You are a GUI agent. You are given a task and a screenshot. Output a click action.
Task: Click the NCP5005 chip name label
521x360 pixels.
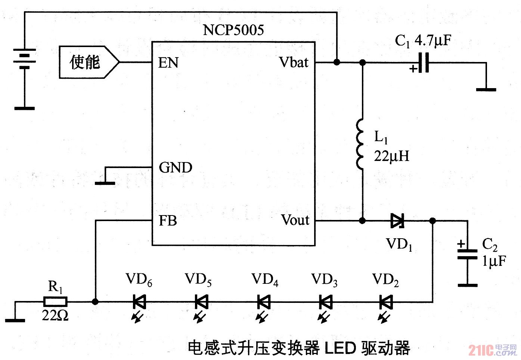233,30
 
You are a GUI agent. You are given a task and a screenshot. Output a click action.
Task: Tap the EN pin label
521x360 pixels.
168,63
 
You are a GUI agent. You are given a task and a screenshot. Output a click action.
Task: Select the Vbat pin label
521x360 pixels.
294,62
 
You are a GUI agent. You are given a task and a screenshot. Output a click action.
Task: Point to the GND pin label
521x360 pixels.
176,167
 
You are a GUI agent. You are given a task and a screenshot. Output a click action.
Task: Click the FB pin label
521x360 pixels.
168,221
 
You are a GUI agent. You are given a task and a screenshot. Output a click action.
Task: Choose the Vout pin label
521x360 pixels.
295,220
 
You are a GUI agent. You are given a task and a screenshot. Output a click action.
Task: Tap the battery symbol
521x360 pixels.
25,59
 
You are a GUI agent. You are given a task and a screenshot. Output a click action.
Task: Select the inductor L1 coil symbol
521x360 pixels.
361,145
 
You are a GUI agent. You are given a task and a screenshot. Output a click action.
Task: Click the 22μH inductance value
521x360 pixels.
392,156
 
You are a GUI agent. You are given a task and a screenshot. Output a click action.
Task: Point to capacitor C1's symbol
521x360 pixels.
424,62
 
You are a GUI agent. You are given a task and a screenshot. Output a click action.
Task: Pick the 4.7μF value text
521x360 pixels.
433,40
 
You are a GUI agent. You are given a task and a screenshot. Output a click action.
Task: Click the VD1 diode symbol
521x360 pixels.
397,221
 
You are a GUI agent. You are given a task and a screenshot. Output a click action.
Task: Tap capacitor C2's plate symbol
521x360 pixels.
467,254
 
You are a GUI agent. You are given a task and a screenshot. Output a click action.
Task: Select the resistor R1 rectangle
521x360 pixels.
56,301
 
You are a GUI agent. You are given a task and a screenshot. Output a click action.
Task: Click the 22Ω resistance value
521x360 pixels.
55,316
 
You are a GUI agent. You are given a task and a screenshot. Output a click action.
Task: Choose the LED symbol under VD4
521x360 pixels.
264,302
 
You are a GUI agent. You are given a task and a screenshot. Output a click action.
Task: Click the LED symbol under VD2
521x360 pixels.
385,302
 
